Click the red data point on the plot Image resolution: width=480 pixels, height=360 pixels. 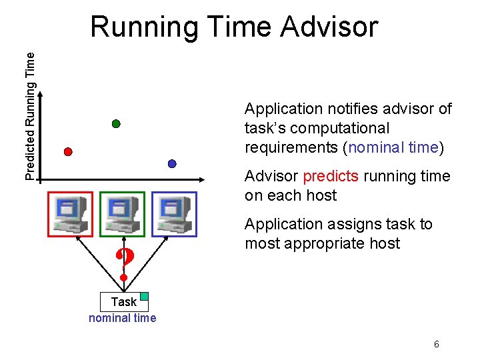coord(67,151)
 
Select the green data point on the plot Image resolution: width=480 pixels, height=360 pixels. coord(116,124)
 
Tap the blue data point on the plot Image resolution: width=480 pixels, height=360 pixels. coord(172,163)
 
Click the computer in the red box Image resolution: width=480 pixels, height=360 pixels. coord(71,214)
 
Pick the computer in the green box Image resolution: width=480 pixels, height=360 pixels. coord(122,214)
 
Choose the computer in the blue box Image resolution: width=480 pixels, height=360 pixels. coord(174,214)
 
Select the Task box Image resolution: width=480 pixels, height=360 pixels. coord(123,302)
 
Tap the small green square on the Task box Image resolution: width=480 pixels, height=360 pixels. coord(144,296)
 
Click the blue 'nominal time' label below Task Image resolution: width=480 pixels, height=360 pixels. coord(123,318)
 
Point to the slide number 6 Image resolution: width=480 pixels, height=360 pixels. coord(436,345)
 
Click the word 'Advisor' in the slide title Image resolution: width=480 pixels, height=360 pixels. coord(329,27)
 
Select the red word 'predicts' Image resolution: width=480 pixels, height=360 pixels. coord(331,176)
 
